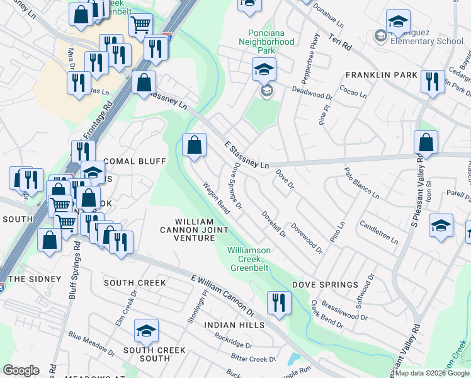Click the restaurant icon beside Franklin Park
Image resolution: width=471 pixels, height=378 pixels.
coord(432,82)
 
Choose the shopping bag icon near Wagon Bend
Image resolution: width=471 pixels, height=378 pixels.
coord(195,145)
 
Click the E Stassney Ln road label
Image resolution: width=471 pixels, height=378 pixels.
coord(247,155)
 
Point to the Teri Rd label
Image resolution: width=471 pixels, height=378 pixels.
coord(338,43)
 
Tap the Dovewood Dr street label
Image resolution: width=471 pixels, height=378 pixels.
coord(307,238)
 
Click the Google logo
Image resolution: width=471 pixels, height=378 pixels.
coord(21,370)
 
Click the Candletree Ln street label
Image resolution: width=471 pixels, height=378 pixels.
coord(378,232)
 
